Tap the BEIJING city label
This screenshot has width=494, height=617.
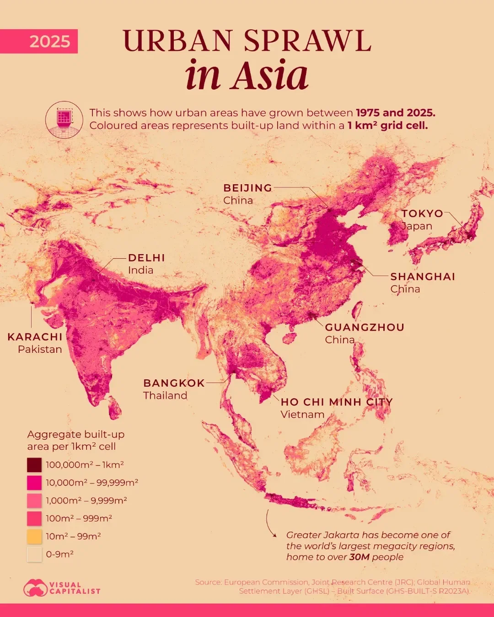(x=247, y=188)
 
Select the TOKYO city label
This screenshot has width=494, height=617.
(x=422, y=213)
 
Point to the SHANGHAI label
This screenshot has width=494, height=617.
(x=423, y=277)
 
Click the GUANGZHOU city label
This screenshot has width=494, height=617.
(x=365, y=327)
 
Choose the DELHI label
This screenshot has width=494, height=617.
(x=146, y=258)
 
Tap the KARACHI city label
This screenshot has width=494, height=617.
(x=35, y=337)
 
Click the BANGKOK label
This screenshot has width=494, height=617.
(x=174, y=383)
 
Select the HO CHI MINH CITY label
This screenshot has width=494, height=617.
(x=336, y=402)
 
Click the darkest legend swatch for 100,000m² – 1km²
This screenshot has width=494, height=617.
(x=34, y=465)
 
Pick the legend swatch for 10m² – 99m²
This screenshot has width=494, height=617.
(x=34, y=536)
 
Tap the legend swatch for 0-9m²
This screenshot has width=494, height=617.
(x=34, y=554)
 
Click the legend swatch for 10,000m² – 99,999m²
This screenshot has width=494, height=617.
(x=34, y=483)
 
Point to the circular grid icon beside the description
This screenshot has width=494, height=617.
(x=64, y=119)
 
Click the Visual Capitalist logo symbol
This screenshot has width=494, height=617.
(x=35, y=588)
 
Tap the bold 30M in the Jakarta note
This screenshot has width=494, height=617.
(x=360, y=557)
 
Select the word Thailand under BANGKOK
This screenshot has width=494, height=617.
(x=165, y=395)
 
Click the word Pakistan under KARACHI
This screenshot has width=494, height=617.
(x=40, y=349)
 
